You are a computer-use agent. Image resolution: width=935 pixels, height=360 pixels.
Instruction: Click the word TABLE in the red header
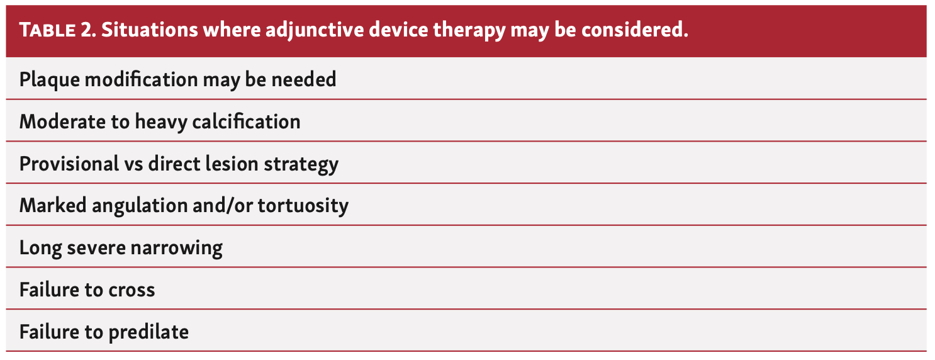(48, 30)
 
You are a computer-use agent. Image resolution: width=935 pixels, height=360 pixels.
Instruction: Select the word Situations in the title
(149, 30)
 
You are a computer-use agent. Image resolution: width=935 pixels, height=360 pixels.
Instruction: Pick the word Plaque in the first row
(49, 80)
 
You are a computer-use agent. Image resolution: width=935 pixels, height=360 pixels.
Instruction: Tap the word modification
(141, 79)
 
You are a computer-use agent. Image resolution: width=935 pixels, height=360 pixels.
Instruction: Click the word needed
(304, 79)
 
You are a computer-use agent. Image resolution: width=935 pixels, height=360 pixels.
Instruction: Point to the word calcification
(246, 121)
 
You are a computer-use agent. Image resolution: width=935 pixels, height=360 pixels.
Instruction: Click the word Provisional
(69, 163)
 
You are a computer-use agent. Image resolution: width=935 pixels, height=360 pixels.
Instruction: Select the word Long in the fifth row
(40, 248)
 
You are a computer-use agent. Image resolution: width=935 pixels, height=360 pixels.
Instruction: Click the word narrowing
(177, 248)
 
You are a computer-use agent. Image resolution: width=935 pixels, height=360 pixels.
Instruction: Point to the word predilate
(148, 332)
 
